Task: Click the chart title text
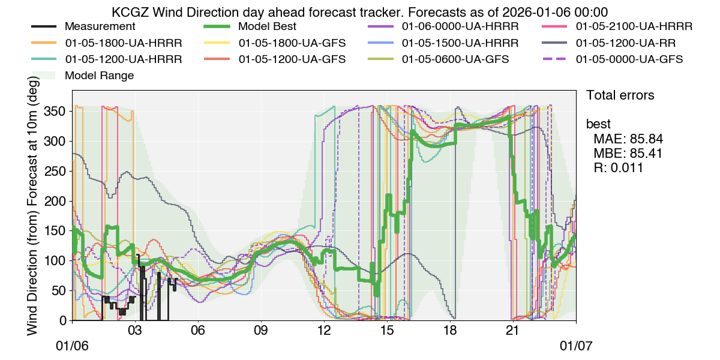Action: (x=360, y=11)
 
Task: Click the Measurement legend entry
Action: (x=100, y=27)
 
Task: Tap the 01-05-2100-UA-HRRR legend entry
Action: (x=634, y=27)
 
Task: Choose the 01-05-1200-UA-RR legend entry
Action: (x=627, y=43)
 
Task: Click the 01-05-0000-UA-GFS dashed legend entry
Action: (x=629, y=59)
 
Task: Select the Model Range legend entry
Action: (x=99, y=76)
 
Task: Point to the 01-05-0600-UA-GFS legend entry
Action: (x=455, y=59)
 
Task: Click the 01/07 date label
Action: (x=576, y=347)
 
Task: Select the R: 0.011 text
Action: (x=618, y=168)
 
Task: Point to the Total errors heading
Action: (x=620, y=95)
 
